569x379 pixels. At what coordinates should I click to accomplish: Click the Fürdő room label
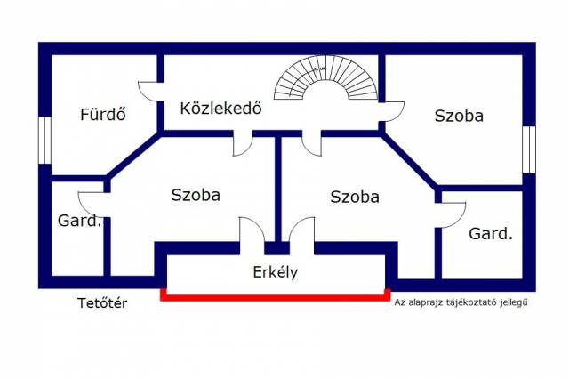click(x=103, y=114)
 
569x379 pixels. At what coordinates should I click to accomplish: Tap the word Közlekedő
click(x=220, y=108)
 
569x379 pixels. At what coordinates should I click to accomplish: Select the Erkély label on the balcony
click(x=275, y=272)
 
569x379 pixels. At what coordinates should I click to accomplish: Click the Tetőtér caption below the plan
click(x=102, y=302)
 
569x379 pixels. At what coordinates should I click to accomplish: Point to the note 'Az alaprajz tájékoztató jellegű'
click(x=461, y=302)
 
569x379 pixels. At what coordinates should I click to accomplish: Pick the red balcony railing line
click(x=276, y=298)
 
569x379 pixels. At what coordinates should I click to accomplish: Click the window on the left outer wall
click(x=44, y=141)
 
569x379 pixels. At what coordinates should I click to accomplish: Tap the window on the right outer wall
click(x=529, y=149)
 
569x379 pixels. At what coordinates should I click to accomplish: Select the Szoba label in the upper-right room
click(x=459, y=116)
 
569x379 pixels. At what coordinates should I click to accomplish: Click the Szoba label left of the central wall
click(x=196, y=195)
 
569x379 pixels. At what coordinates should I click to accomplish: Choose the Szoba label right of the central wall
click(x=355, y=197)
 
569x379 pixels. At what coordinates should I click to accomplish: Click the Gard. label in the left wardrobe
click(x=79, y=221)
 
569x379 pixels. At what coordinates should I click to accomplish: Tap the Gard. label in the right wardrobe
click(x=491, y=233)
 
